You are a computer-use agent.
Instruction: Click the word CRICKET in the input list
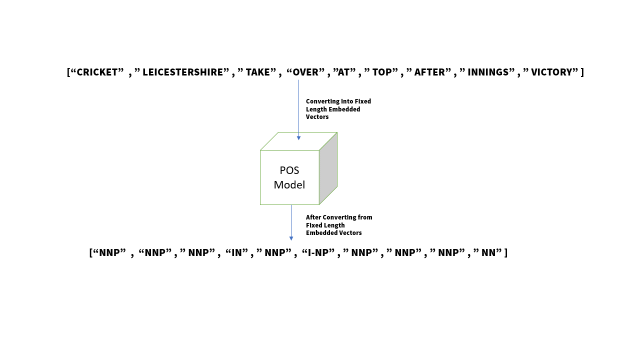pyautogui.click(x=100, y=72)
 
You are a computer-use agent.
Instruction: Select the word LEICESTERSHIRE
pyautogui.click(x=182, y=72)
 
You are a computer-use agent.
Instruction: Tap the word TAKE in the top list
pyautogui.click(x=257, y=72)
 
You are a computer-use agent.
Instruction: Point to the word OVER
pyautogui.click(x=305, y=72)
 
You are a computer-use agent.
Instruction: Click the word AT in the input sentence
pyautogui.click(x=343, y=72)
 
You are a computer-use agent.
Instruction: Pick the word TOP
pyautogui.click(x=382, y=72)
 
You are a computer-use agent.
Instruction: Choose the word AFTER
pyautogui.click(x=429, y=72)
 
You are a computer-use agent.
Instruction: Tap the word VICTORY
pyautogui.click(x=551, y=72)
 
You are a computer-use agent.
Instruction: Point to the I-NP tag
pyautogui.click(x=318, y=252)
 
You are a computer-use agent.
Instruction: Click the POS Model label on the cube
pyautogui.click(x=289, y=177)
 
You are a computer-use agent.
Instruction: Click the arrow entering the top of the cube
pyautogui.click(x=298, y=110)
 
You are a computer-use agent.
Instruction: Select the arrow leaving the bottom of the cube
pyautogui.click(x=291, y=223)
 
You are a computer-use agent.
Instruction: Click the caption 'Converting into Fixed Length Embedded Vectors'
pyautogui.click(x=338, y=109)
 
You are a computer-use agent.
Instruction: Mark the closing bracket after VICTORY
pyautogui.click(x=582, y=72)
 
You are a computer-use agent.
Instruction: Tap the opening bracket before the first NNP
pyautogui.click(x=91, y=252)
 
